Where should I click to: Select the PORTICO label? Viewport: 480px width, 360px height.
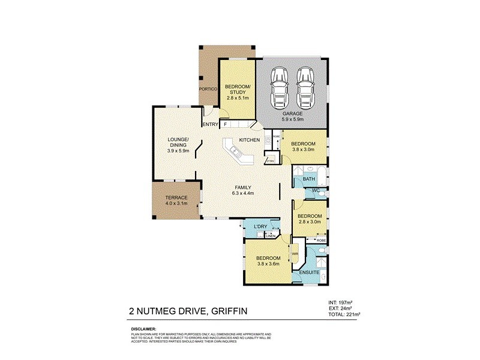tap(208, 89)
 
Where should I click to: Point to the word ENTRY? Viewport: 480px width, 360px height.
tap(210, 124)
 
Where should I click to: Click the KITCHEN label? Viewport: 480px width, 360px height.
tap(250, 140)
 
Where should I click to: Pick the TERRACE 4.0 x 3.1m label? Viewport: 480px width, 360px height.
tap(176, 201)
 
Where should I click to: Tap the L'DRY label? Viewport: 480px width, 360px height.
tap(260, 226)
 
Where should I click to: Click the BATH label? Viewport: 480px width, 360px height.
tap(309, 179)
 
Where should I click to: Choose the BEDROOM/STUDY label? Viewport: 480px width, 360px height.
tap(237, 90)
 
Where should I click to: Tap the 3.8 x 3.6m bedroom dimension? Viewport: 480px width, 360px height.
tap(268, 264)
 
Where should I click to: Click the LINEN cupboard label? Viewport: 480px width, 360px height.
tap(270, 236)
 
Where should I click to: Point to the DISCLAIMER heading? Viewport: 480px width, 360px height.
tap(144, 329)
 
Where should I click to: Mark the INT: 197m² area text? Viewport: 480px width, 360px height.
tap(340, 302)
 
